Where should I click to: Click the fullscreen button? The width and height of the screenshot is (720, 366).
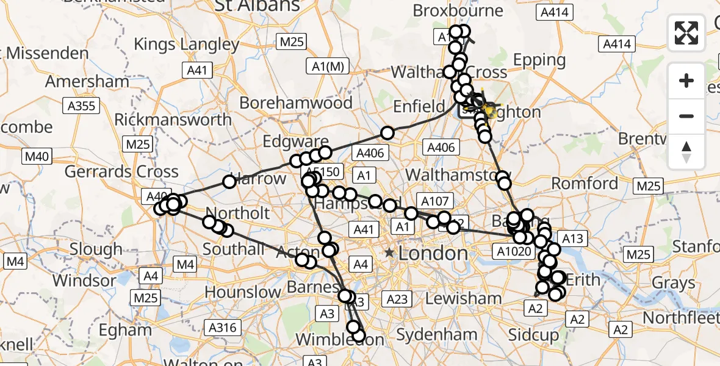[686, 32]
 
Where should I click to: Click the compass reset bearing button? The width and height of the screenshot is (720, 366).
[686, 152]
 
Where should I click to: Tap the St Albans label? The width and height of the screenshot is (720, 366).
[256, 6]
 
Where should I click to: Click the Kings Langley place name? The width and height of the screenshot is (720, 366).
[186, 45]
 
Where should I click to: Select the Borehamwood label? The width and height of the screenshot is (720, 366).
[296, 103]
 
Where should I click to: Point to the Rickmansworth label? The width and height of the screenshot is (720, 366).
[173, 120]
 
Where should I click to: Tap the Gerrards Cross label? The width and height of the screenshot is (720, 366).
[121, 172]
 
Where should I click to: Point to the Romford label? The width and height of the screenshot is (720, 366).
[585, 184]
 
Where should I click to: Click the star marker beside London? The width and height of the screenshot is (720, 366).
[389, 253]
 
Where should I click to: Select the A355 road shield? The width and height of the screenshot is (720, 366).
[81, 106]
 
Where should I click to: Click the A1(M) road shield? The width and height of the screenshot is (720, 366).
[327, 66]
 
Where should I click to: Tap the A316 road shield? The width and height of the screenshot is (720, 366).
[221, 328]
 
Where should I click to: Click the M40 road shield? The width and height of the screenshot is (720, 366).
[36, 157]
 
